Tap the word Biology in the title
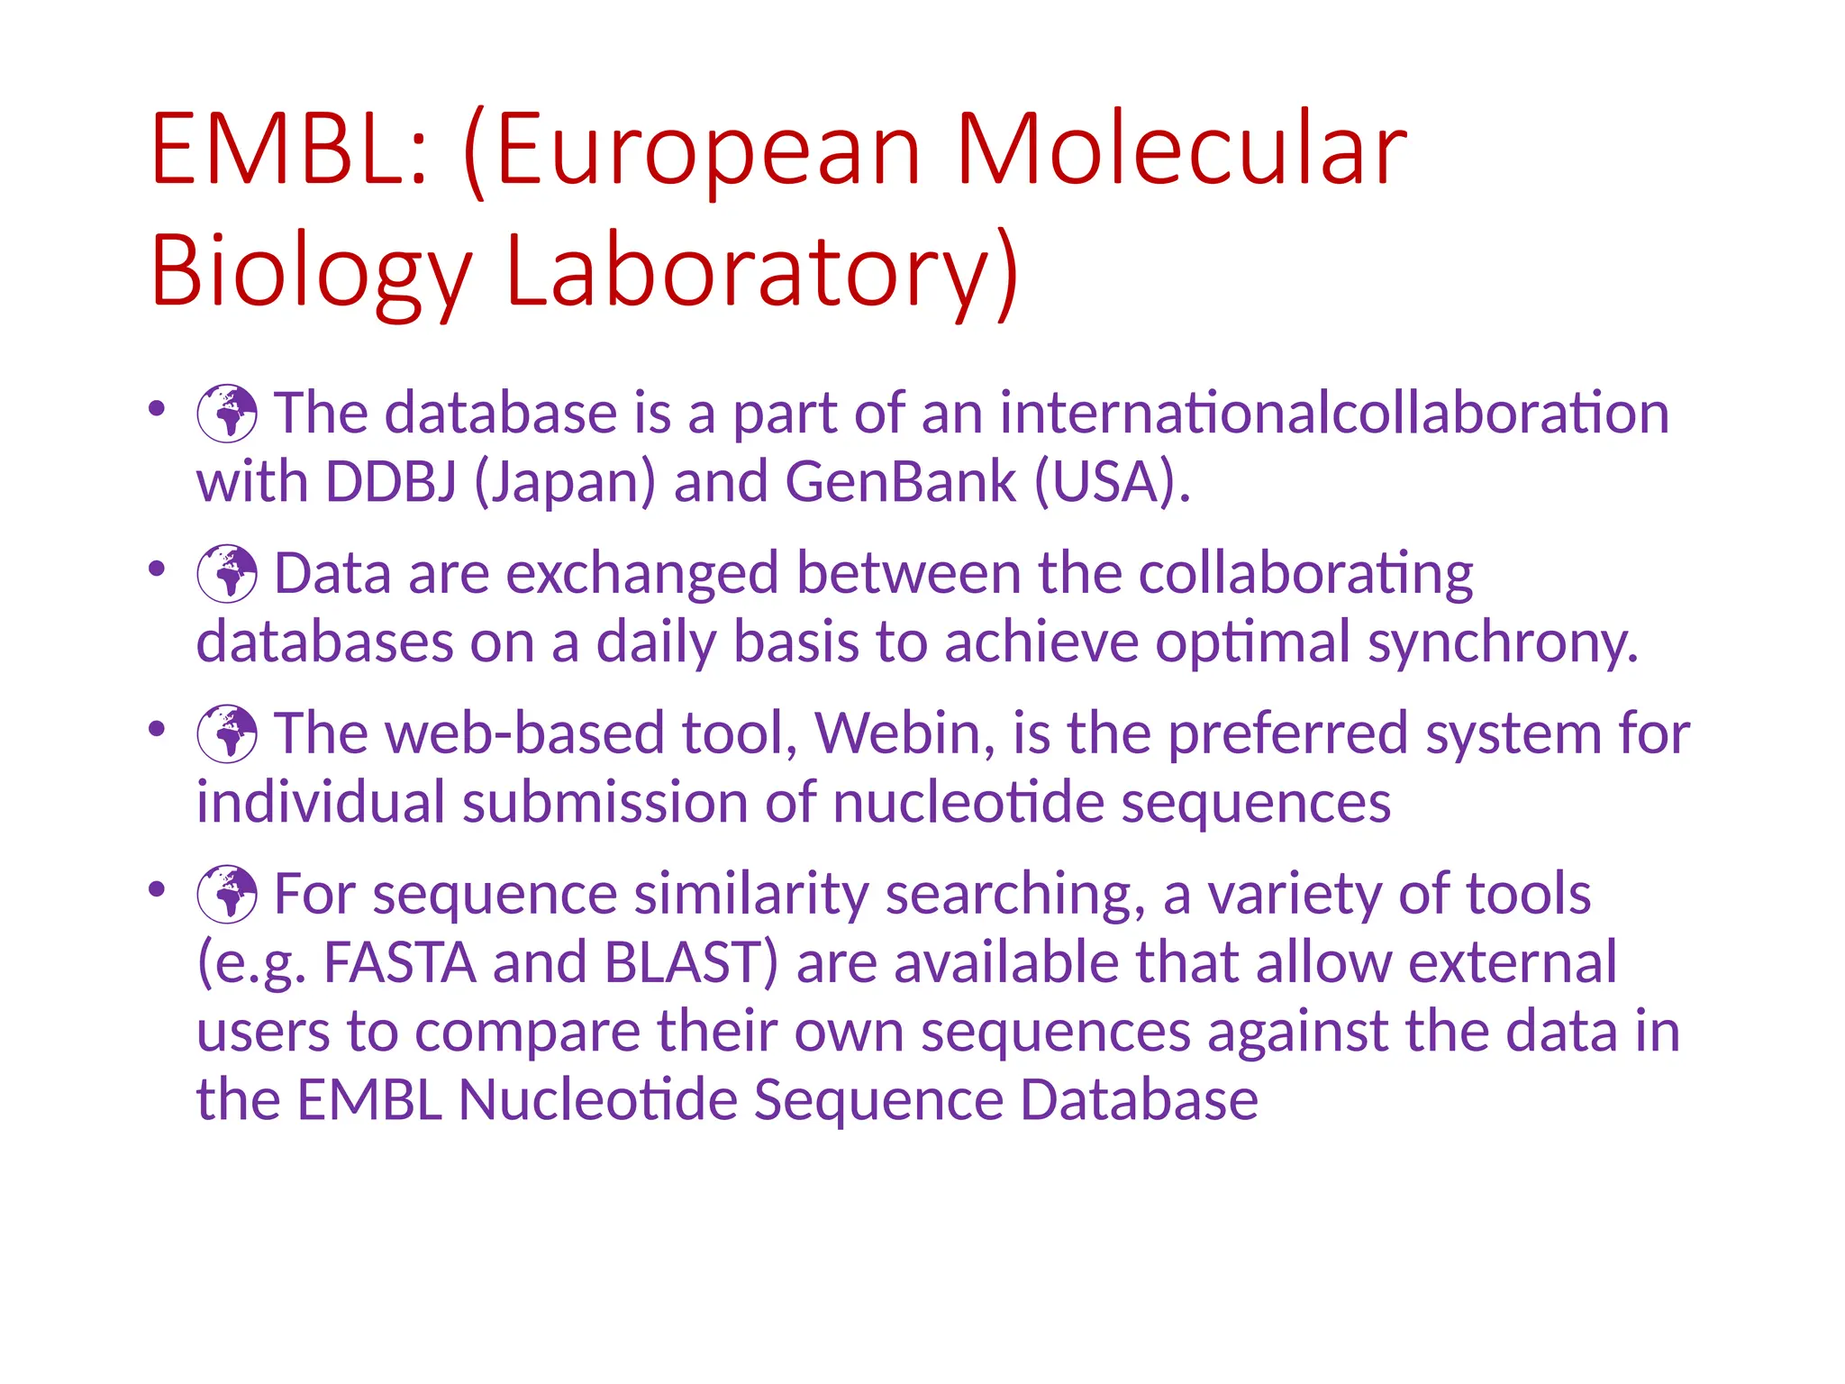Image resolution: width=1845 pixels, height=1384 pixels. pyautogui.click(x=311, y=270)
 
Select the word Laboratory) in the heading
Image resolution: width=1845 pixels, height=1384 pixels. pyautogui.click(x=762, y=270)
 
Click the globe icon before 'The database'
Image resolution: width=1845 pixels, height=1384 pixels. pyautogui.click(x=227, y=414)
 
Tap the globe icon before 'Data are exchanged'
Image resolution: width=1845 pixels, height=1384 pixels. pyautogui.click(x=227, y=573)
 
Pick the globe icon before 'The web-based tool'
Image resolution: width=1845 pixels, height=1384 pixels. pyautogui.click(x=227, y=733)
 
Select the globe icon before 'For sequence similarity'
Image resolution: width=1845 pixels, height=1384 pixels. pyautogui.click(x=227, y=894)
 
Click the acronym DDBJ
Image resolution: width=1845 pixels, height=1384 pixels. pyautogui.click(x=390, y=481)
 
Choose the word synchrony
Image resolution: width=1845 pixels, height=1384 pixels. pyautogui.click(x=1502, y=643)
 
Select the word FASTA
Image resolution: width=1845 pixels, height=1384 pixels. pyautogui.click(x=399, y=962)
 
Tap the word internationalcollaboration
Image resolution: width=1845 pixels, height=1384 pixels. pyautogui.click(x=1334, y=414)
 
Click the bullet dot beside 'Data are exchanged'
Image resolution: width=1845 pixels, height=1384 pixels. pyautogui.click(x=158, y=569)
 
